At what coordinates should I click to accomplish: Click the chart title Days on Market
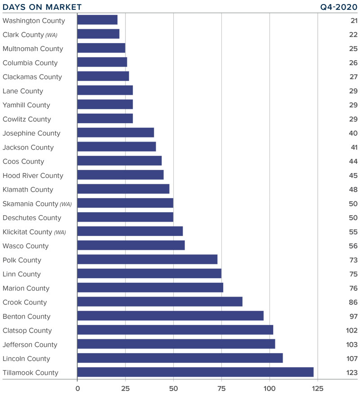pyautogui.click(x=42, y=7)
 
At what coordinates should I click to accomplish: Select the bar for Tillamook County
pyautogui.click(x=195, y=372)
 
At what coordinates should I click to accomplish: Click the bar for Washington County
pyautogui.click(x=97, y=20)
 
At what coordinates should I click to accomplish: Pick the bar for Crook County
pyautogui.click(x=160, y=302)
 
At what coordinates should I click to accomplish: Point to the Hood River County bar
pyautogui.click(x=120, y=175)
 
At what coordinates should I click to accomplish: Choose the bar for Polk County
pyautogui.click(x=147, y=260)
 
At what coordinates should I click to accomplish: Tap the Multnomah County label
pyautogui.click(x=33, y=49)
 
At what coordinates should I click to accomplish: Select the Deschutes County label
pyautogui.click(x=32, y=218)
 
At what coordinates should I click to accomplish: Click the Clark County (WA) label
pyautogui.click(x=30, y=35)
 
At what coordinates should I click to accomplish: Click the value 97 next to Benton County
pyautogui.click(x=353, y=316)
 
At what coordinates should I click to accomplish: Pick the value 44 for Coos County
pyautogui.click(x=353, y=161)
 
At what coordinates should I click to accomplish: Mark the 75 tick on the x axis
pyautogui.click(x=221, y=388)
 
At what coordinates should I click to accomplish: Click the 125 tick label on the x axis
pyautogui.click(x=318, y=388)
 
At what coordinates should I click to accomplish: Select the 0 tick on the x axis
pyautogui.click(x=77, y=388)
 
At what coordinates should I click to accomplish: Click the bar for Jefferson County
pyautogui.click(x=176, y=344)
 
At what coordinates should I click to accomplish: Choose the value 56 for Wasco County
pyautogui.click(x=353, y=246)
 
